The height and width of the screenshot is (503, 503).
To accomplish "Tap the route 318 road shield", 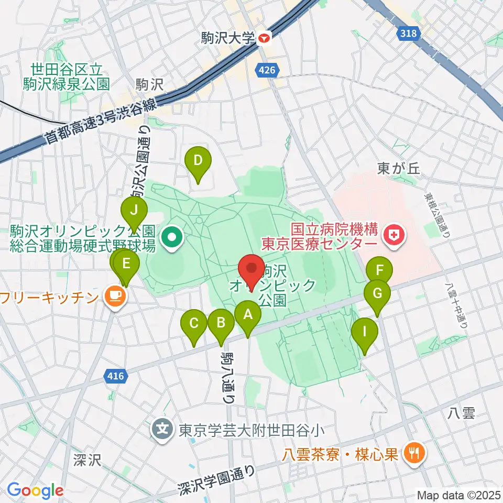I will [x=409, y=34].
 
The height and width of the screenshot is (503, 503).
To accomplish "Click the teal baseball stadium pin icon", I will [x=171, y=238].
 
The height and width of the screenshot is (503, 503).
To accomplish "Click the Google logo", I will [x=35, y=490].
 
